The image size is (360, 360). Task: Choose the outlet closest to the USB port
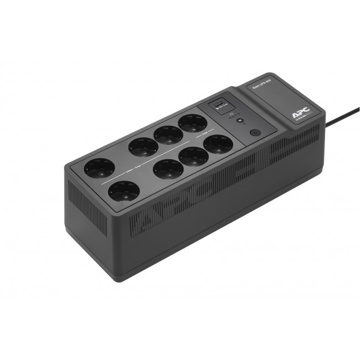(x=193, y=123)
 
